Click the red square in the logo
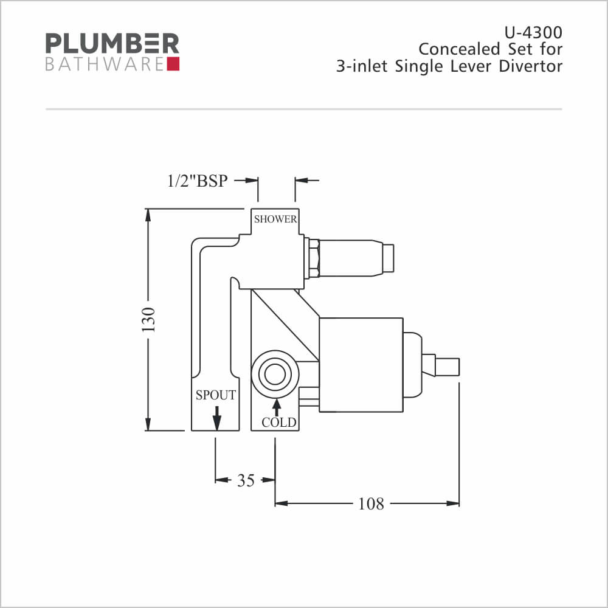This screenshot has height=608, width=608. [173, 64]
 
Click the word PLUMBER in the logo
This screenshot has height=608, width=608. [112, 43]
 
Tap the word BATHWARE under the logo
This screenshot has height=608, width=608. [105, 64]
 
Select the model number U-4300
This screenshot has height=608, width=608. [533, 33]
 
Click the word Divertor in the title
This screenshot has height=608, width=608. [530, 66]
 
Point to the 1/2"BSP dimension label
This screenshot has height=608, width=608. [198, 181]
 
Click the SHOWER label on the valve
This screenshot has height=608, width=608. [275, 219]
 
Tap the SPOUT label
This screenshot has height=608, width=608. [216, 395]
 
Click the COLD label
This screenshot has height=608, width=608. [279, 423]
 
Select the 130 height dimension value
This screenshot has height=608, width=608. [148, 320]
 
